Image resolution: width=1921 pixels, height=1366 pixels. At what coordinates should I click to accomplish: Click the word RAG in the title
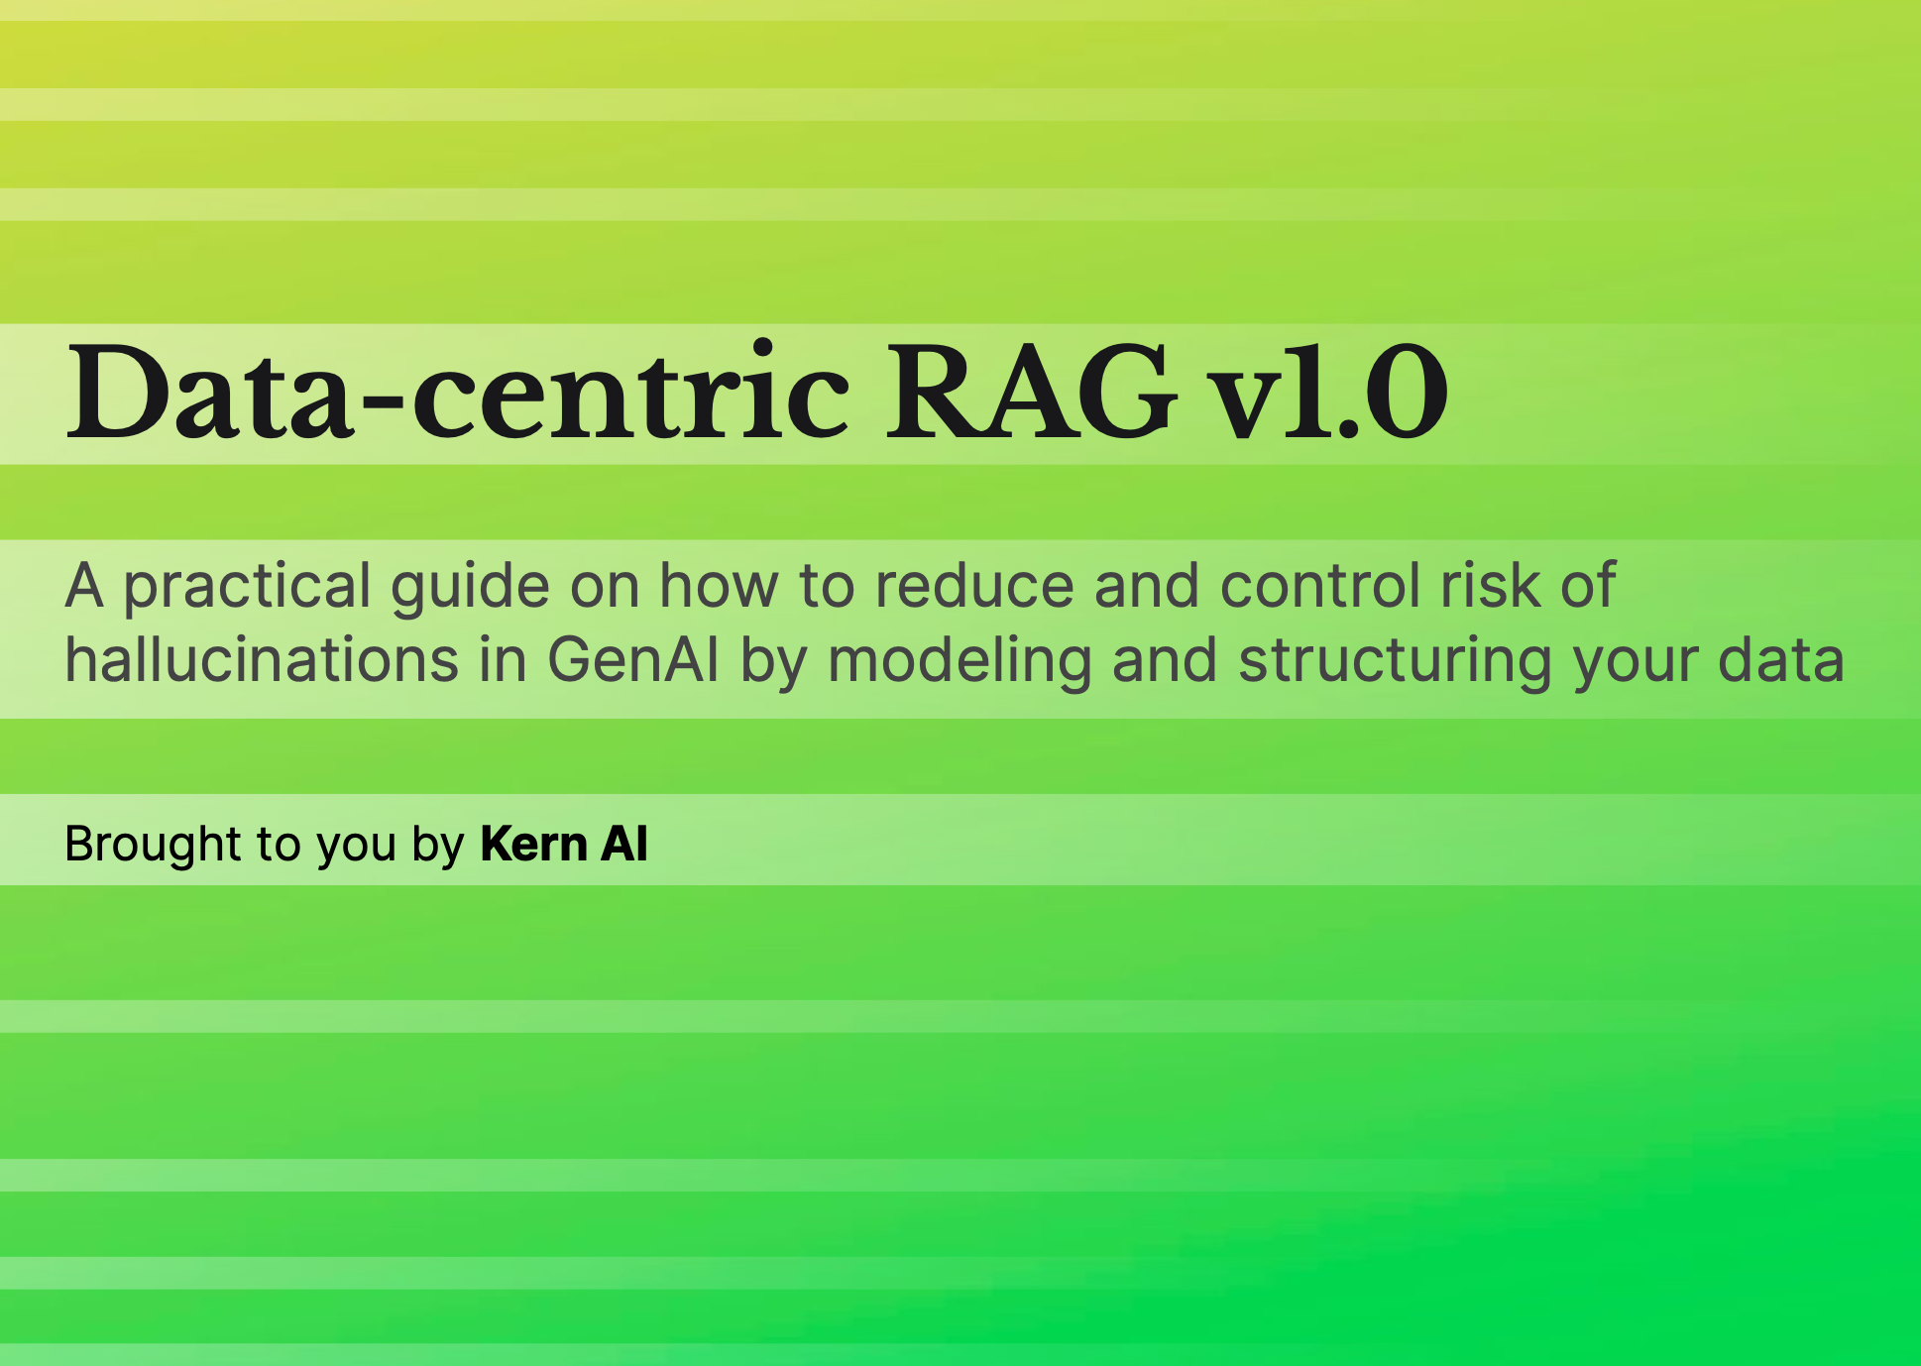[1031, 392]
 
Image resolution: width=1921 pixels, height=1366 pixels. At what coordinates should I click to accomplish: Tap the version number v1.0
[1332, 392]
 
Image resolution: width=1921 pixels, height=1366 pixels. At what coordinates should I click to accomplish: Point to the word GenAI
[633, 660]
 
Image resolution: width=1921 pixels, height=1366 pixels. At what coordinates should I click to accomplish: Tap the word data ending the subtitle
[1781, 660]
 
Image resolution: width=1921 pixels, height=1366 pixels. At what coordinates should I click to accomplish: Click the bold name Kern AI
[564, 845]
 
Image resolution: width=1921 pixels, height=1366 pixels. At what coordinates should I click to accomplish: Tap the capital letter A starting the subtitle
[84, 585]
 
